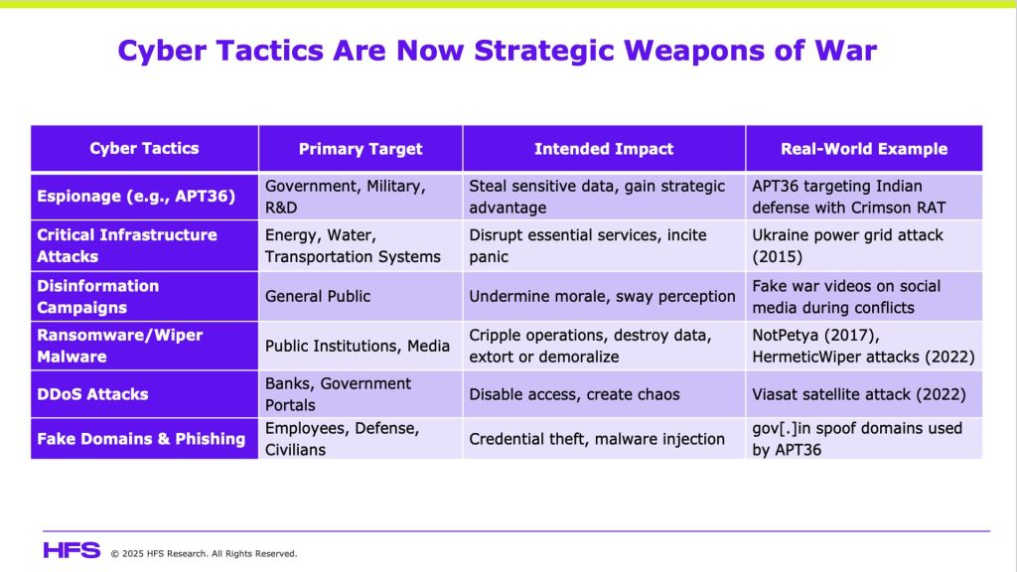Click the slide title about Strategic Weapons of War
(497, 51)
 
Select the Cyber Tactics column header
(144, 149)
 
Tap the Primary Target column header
(361, 149)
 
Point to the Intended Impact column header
(604, 149)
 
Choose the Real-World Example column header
(864, 149)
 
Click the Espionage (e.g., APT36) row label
(136, 197)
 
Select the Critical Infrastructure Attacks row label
(127, 246)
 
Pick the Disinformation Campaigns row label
(98, 296)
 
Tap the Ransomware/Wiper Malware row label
(120, 346)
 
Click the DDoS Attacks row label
(92, 394)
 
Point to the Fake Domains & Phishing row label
(141, 439)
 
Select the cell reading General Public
(318, 296)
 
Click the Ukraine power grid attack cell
(848, 246)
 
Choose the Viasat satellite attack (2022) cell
(859, 394)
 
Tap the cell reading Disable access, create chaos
(575, 394)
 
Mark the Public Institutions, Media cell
(358, 346)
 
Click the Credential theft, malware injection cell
(597, 439)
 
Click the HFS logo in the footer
(72, 550)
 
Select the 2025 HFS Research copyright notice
(204, 554)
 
